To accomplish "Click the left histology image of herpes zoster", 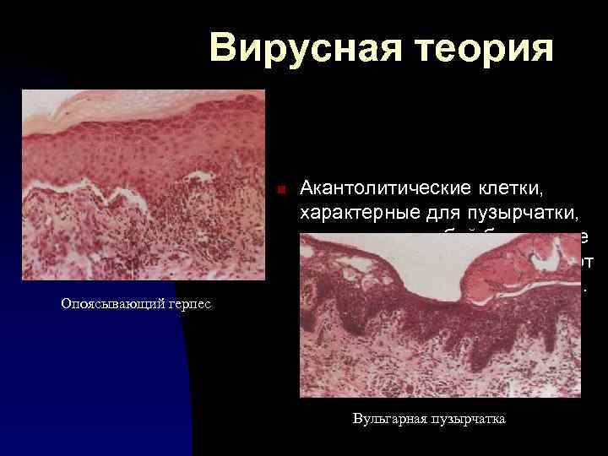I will (143, 185).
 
